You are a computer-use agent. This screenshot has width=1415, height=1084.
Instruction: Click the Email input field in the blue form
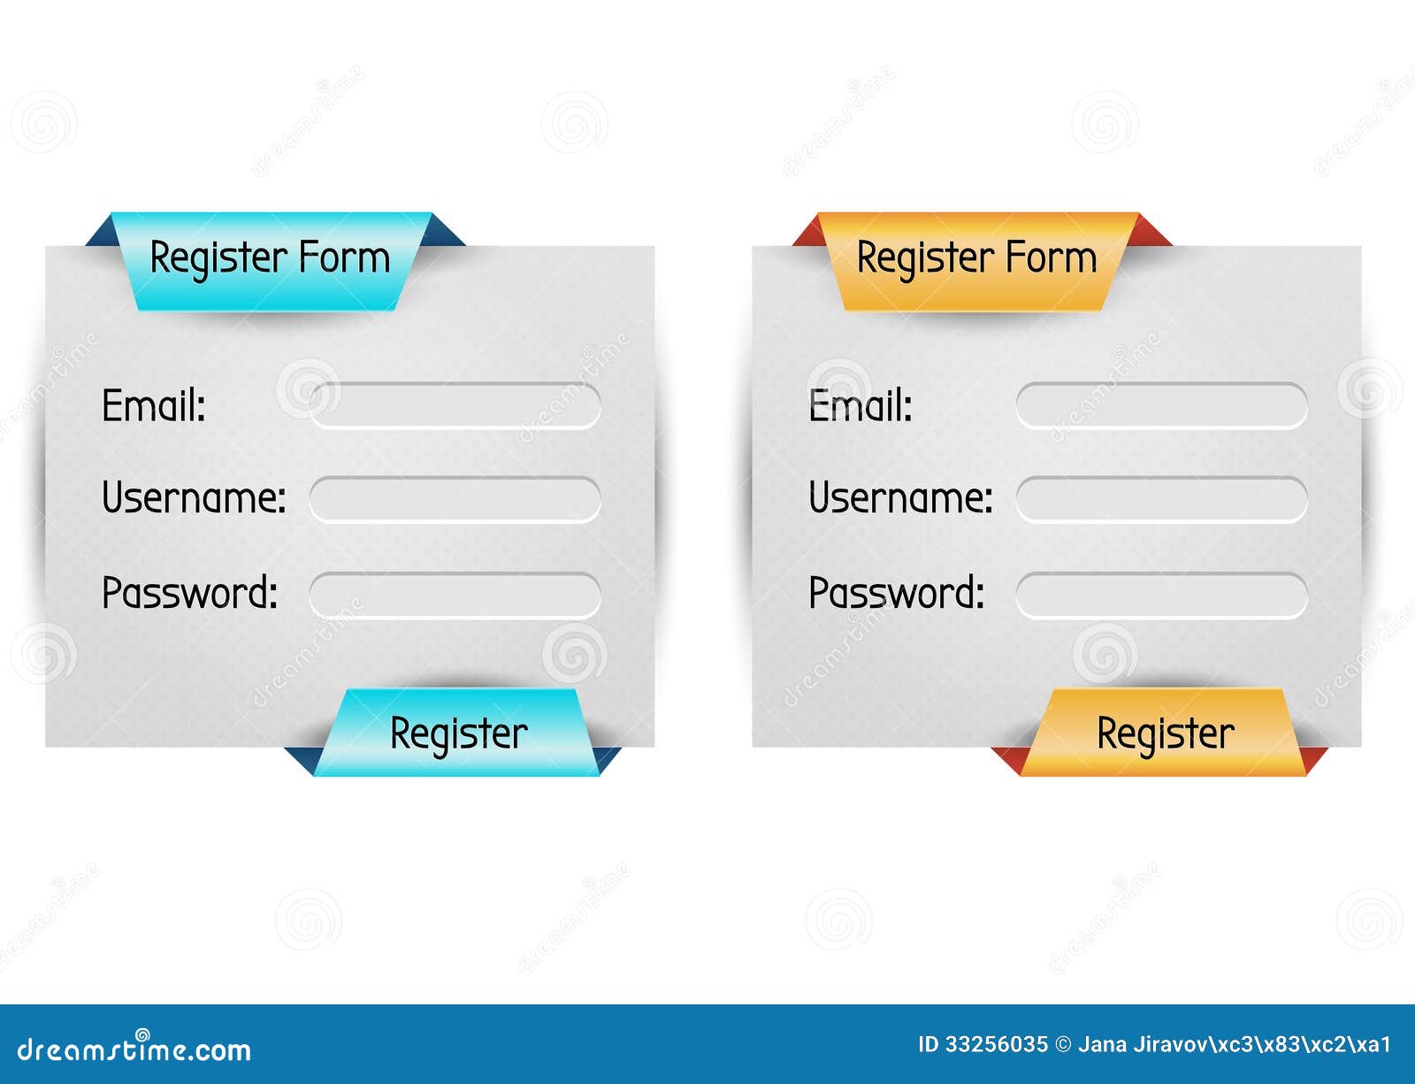pyautogui.click(x=455, y=405)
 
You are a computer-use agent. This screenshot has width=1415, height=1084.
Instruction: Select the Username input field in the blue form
pyautogui.click(x=455, y=500)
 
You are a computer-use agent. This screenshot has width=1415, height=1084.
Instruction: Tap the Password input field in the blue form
pyautogui.click(x=455, y=595)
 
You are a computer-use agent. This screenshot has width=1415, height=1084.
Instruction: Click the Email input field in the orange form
pyautogui.click(x=1161, y=405)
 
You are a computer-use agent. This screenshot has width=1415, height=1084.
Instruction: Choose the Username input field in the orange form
pyautogui.click(x=1161, y=500)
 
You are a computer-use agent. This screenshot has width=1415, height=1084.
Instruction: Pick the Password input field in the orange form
pyautogui.click(x=1161, y=595)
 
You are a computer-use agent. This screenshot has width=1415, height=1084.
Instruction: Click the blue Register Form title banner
pyautogui.click(x=270, y=260)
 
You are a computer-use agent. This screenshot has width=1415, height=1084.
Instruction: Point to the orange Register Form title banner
pyautogui.click(x=976, y=260)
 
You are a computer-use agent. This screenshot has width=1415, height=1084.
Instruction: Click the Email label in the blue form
pyautogui.click(x=154, y=406)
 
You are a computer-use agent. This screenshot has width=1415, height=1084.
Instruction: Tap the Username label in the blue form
pyautogui.click(x=194, y=497)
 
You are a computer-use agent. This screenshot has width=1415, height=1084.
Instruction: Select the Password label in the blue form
pyautogui.click(x=189, y=593)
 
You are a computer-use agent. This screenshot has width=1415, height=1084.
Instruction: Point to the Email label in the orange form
pyautogui.click(x=860, y=406)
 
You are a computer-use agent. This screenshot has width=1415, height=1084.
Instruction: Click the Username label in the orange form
pyautogui.click(x=900, y=497)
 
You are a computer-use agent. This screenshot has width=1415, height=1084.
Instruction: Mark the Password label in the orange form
pyautogui.click(x=896, y=593)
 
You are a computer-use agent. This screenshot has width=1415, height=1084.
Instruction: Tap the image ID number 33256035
pyautogui.click(x=996, y=1045)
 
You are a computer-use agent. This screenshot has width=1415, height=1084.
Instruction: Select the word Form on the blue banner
pyautogui.click(x=344, y=258)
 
